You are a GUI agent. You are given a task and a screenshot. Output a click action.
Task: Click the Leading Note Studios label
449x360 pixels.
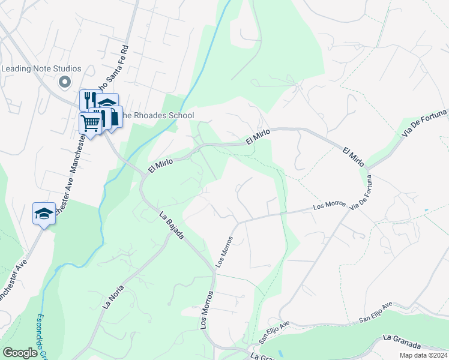[x=41, y=68]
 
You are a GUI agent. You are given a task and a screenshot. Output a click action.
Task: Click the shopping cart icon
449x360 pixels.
[x=90, y=124]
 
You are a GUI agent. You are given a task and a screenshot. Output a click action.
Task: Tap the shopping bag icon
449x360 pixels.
[x=113, y=116]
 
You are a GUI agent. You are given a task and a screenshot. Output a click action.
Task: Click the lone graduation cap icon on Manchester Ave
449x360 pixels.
[x=44, y=214]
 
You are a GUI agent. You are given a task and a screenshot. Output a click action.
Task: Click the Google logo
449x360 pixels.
[x=20, y=353]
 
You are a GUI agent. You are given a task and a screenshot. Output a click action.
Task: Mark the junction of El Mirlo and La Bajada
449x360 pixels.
[x=143, y=175]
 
